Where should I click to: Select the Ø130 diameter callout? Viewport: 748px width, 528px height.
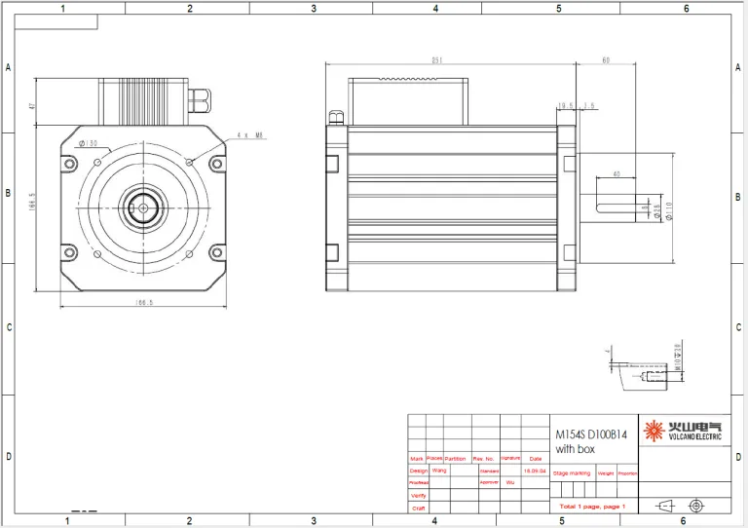point(89,143)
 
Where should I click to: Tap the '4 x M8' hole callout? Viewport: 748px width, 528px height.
point(250,136)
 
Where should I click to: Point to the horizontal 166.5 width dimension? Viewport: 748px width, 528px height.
point(144,303)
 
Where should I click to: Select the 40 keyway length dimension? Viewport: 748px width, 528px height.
point(616,174)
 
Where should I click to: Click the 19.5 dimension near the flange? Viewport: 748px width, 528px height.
point(565,105)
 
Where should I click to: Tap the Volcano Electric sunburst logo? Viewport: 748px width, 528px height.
point(653,428)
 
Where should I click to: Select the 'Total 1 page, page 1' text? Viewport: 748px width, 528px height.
point(592,507)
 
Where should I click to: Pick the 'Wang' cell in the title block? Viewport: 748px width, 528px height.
point(439,470)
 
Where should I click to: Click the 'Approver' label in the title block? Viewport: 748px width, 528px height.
point(489,482)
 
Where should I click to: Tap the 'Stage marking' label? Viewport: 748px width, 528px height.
point(572,473)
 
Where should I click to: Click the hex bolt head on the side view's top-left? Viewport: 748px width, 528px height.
point(336,118)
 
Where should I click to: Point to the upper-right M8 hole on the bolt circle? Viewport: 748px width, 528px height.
point(190,161)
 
